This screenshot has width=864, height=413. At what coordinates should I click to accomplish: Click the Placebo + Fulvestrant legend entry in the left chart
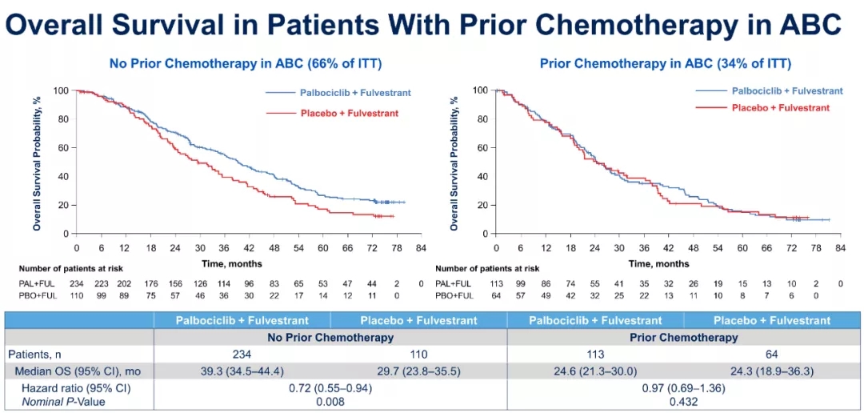(350, 114)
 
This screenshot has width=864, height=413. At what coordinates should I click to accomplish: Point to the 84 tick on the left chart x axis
(422, 248)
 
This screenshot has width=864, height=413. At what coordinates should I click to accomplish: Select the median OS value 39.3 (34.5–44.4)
(232, 371)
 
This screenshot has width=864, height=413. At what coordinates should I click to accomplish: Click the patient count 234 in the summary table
(233, 354)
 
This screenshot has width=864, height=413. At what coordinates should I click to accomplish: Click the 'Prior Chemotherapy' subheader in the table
(683, 337)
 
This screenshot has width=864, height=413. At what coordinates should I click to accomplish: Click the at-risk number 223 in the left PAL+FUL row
(102, 283)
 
